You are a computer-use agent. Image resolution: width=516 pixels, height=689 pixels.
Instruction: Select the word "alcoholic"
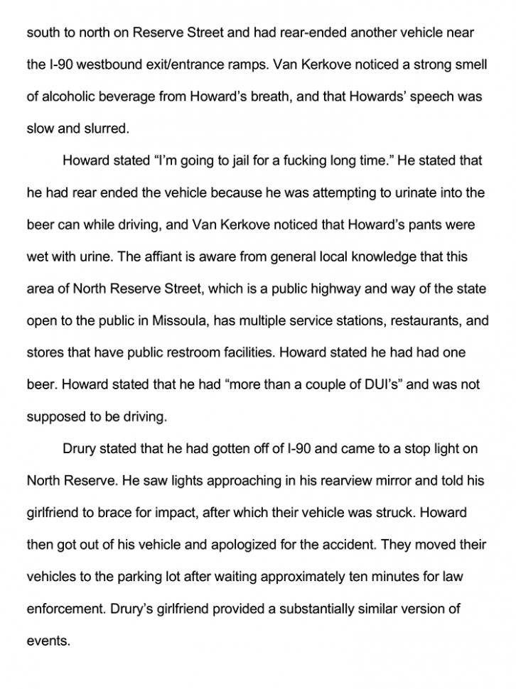(71, 97)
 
